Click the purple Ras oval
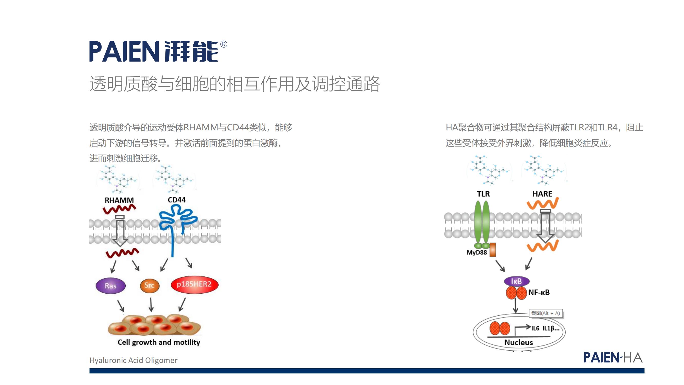click(x=111, y=286)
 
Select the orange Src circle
click(x=150, y=286)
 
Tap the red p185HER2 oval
click(x=194, y=284)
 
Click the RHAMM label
click(x=119, y=200)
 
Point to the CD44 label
click(x=176, y=200)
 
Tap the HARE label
click(x=542, y=194)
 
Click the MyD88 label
click(x=477, y=252)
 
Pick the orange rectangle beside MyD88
click(x=493, y=250)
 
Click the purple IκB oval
click(x=517, y=281)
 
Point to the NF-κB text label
click(x=539, y=292)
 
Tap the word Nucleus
click(x=519, y=342)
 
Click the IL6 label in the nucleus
click(x=535, y=329)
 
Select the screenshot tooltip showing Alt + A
click(x=546, y=313)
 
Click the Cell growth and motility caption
click(x=159, y=342)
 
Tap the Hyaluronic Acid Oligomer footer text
click(x=133, y=360)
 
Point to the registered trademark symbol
click(x=224, y=44)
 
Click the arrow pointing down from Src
click(x=151, y=304)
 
